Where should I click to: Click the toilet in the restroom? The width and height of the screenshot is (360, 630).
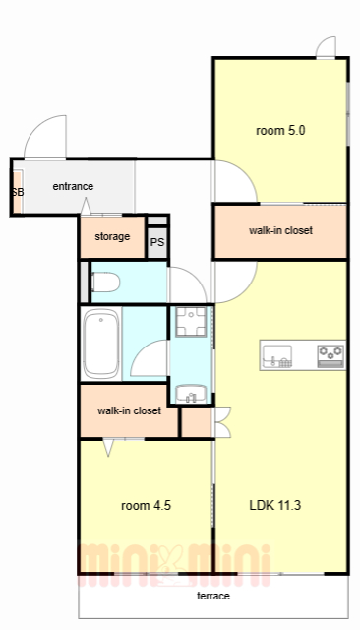tap(105, 283)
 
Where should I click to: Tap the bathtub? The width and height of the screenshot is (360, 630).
tap(101, 344)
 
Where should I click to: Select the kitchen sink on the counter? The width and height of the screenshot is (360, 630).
tap(277, 356)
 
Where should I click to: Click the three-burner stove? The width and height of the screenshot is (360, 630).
tap(330, 356)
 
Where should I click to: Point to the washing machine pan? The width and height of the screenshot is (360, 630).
tap(191, 322)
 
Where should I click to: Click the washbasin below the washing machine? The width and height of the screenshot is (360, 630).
tap(191, 394)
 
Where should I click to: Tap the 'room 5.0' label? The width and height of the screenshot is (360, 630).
tap(280, 131)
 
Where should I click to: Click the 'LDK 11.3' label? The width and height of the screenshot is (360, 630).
tap(274, 505)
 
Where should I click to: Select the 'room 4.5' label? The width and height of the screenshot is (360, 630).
tap(147, 505)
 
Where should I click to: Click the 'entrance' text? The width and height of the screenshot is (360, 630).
tap(73, 186)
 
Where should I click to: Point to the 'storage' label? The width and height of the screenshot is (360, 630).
tap(112, 236)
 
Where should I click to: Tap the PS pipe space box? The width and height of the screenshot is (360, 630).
tap(157, 243)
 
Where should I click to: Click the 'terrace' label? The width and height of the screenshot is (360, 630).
tap(213, 596)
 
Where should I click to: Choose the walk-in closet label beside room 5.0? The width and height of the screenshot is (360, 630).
tap(280, 230)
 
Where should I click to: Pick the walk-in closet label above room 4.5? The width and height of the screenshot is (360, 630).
tap(129, 410)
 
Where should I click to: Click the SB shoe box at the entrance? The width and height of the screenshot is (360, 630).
tap(18, 192)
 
